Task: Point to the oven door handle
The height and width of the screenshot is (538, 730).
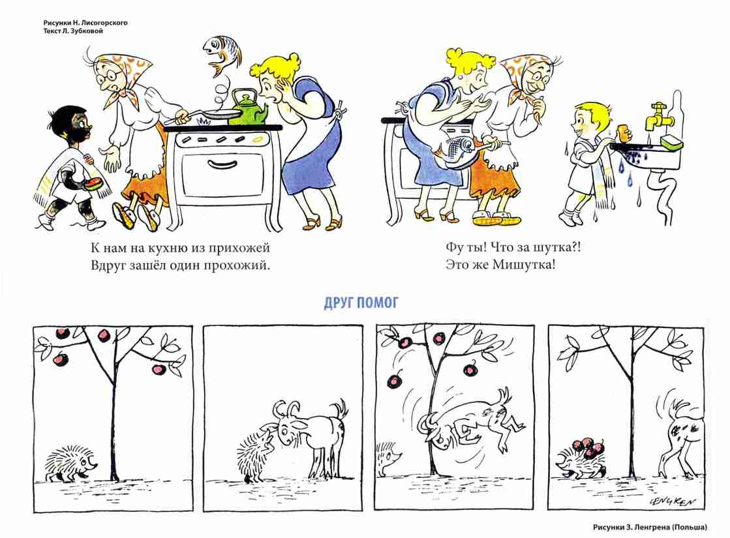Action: pos(222,164)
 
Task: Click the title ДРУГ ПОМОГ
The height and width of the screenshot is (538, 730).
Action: pos(361,303)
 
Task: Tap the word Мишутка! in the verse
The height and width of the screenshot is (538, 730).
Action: pos(524,265)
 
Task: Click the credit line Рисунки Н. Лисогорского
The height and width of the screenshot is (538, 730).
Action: pos(85,22)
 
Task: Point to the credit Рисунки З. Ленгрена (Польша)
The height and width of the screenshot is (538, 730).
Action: pos(650,527)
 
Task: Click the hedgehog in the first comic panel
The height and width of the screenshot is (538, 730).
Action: pos(70,464)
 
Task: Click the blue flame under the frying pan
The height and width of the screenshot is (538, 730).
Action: pos(204,122)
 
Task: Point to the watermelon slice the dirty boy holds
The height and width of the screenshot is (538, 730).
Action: pos(93,183)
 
